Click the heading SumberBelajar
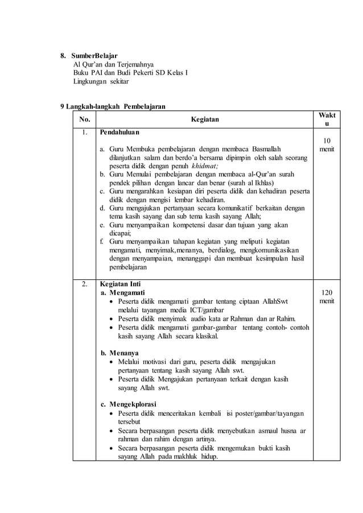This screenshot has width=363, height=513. (x=94, y=56)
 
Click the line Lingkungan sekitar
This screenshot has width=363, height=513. (x=101, y=81)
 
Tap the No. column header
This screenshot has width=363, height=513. (x=84, y=119)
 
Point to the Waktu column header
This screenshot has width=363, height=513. (x=327, y=119)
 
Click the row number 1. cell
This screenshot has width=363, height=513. (x=84, y=133)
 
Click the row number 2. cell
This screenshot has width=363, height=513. (x=84, y=283)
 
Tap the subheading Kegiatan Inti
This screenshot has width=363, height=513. (x=119, y=283)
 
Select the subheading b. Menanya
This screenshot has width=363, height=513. (x=119, y=353)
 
